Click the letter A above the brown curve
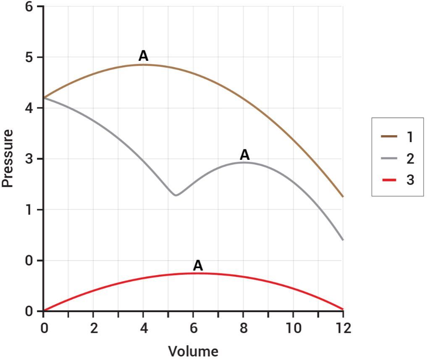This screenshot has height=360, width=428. (x=143, y=56)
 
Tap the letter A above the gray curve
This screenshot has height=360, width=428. (x=244, y=155)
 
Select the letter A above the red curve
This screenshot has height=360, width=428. (x=198, y=265)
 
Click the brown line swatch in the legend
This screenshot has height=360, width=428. (x=389, y=136)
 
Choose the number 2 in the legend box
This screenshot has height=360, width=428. (x=410, y=158)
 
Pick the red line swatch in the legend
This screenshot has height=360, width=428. (x=389, y=180)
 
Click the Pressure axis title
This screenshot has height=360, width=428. (x=8, y=158)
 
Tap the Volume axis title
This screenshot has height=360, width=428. (x=193, y=351)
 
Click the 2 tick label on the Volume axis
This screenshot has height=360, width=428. (x=94, y=328)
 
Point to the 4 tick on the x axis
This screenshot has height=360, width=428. (x=144, y=328)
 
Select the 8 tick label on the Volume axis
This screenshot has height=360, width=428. (x=243, y=328)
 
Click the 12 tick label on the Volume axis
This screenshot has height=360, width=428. (x=343, y=328)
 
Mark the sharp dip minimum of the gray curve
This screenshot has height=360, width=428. (x=176, y=195)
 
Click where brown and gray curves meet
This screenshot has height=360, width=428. (x=44, y=97)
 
